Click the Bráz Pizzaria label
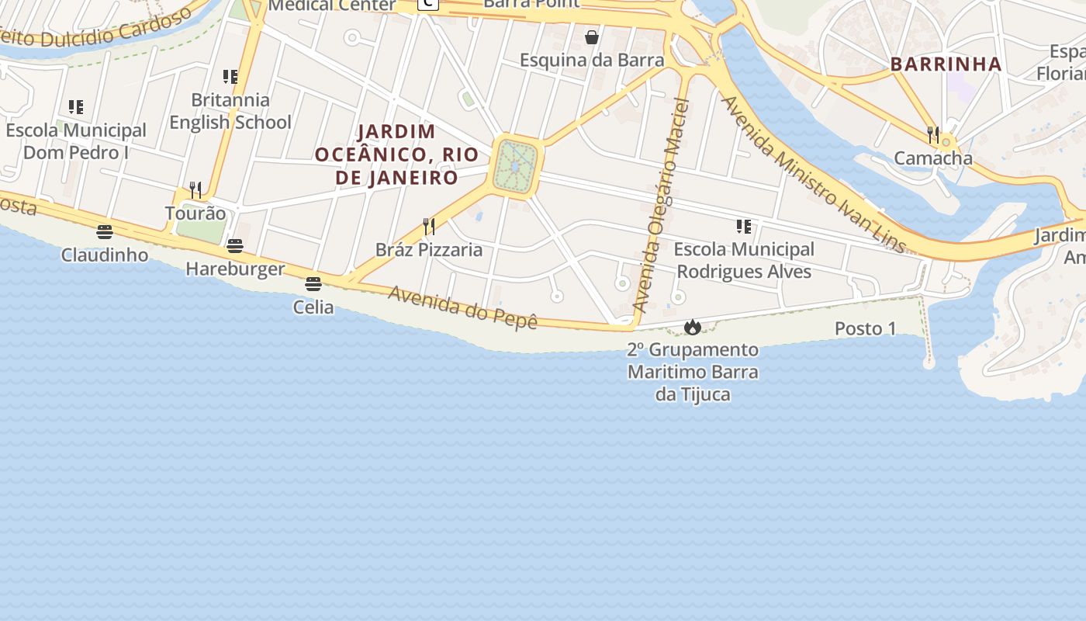coord(429,250)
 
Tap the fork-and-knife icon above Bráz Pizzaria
coord(428,226)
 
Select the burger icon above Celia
coord(313,284)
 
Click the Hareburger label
coord(235,269)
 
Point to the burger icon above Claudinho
coord(105,231)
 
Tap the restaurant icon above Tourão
coord(195,189)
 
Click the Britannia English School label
coord(230,111)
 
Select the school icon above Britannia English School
coord(230,76)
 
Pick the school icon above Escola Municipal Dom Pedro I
coord(76,106)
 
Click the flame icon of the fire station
coord(693,327)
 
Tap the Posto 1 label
coord(865,328)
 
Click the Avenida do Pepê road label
coord(463,307)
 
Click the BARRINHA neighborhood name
coord(946,64)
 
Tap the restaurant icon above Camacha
coord(933,135)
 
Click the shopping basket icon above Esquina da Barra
coord(592,37)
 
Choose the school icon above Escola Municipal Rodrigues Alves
coord(744,227)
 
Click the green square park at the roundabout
coord(516,166)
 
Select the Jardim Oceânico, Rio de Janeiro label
coord(397,154)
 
